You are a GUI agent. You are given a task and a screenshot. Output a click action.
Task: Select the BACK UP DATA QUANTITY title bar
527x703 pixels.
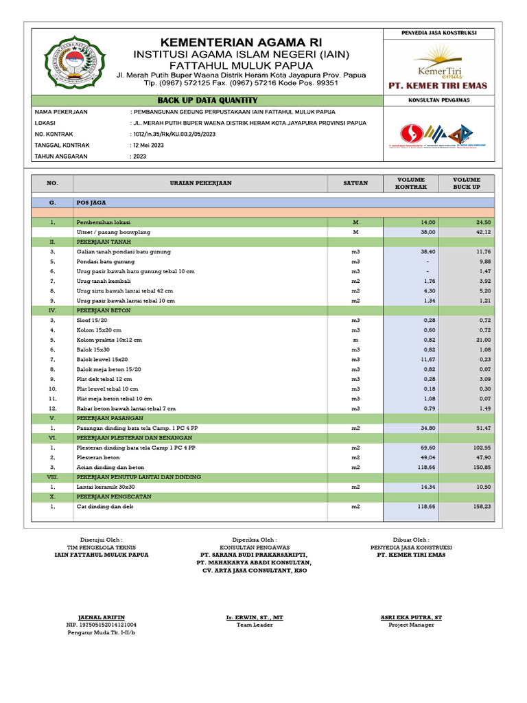click(x=208, y=101)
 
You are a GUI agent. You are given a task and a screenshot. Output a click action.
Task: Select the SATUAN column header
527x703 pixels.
click(x=355, y=183)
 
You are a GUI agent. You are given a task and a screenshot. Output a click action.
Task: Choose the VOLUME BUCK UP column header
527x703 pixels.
click(x=467, y=183)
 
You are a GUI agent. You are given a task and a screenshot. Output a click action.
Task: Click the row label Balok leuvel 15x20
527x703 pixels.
click(x=102, y=359)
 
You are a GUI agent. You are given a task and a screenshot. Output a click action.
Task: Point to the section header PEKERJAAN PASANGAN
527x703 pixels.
click(x=110, y=418)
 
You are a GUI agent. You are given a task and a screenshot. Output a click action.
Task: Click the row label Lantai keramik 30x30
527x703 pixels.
click(x=104, y=487)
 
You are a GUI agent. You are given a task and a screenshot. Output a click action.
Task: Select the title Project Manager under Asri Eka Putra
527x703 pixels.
click(x=411, y=625)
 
